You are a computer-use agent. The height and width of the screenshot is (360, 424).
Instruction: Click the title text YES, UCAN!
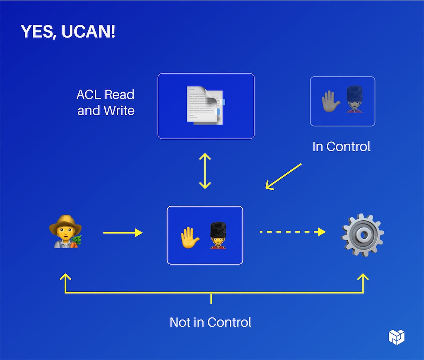coord(68,32)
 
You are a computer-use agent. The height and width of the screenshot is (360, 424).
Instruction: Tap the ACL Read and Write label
coord(106,102)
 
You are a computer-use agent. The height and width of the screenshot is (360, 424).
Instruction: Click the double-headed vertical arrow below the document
coord(205,171)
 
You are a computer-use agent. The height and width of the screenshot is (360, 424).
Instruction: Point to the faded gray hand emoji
coord(331,101)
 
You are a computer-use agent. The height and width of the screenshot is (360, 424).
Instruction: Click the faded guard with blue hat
coord(354,100)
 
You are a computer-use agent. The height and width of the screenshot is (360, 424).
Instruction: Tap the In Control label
coord(341,146)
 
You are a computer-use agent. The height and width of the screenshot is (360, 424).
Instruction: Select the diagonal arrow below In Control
coord(284,176)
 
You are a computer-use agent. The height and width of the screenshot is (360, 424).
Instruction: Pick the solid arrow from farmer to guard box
coord(123,233)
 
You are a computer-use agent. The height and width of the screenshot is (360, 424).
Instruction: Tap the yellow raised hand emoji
coord(190,236)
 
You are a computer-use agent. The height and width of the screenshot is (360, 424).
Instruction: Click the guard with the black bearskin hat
coord(218,235)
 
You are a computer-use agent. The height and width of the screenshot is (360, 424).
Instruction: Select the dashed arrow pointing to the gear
coord(292,232)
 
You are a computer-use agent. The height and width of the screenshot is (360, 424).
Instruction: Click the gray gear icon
coord(363,235)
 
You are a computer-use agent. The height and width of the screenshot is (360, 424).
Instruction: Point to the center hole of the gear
coord(363,235)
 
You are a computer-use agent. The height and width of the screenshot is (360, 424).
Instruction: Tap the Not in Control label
coord(210,322)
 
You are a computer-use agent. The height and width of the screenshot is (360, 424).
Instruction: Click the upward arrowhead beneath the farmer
coord(65,277)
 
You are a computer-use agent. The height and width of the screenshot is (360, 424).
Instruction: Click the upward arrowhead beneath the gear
coord(363,277)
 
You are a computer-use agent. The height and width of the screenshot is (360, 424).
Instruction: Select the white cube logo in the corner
coord(397,337)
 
